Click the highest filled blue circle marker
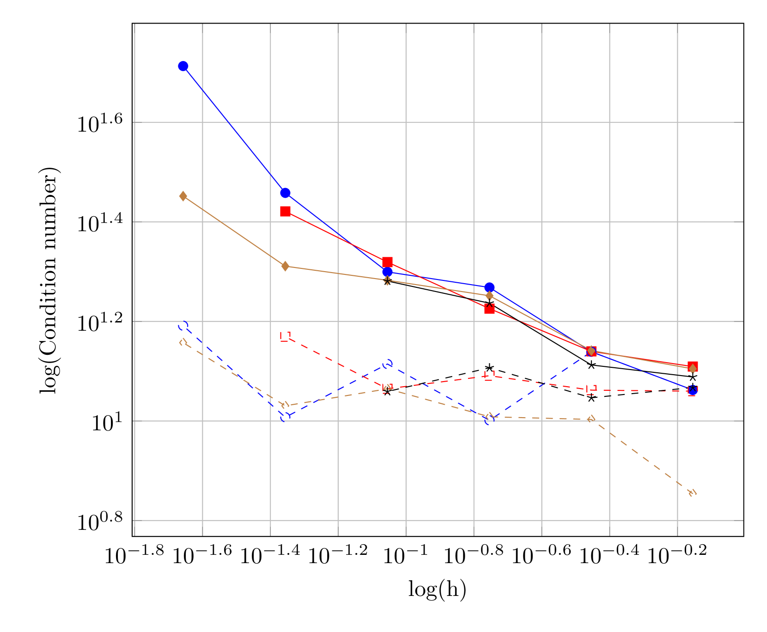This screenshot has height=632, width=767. tap(183, 66)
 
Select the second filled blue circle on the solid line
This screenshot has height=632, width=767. tap(285, 193)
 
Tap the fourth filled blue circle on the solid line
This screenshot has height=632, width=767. tap(489, 288)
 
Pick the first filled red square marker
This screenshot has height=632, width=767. tap(285, 212)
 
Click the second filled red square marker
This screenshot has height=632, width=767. tap(387, 262)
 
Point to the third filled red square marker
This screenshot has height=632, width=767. tap(489, 309)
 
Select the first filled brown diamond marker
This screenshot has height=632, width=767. tap(183, 196)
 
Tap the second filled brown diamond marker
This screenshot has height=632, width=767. tap(285, 266)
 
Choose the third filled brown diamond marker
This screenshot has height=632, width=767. tap(387, 280)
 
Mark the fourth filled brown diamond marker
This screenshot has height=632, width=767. tap(489, 295)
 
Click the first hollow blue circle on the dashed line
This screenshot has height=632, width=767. tap(183, 326)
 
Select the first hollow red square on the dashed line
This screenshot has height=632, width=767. tap(286, 336)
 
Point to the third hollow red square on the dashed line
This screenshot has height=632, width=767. tap(489, 376)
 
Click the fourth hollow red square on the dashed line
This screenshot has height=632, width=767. tap(591, 390)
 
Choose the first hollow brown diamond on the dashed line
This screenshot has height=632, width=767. tap(183, 342)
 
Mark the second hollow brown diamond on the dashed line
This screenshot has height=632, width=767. tap(285, 405)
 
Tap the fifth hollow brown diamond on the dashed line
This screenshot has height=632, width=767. tap(591, 419)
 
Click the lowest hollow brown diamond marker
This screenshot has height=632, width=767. tap(692, 493)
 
